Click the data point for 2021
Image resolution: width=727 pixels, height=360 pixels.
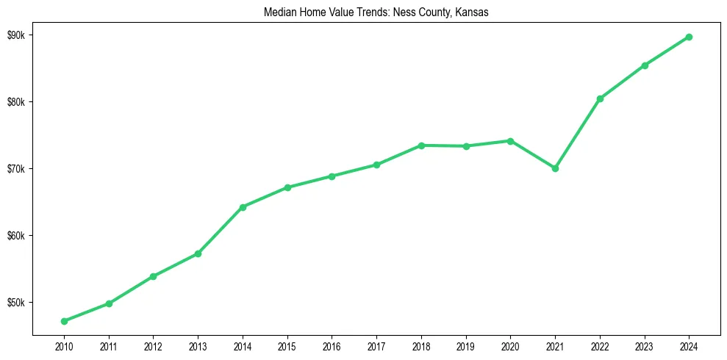pyautogui.click(x=555, y=168)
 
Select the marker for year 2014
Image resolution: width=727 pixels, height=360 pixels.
pyautogui.click(x=243, y=207)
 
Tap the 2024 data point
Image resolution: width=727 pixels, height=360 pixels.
pyautogui.click(x=689, y=37)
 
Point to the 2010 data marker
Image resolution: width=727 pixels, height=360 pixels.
pyautogui.click(x=64, y=321)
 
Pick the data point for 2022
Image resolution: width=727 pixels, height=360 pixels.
pyautogui.click(x=600, y=98)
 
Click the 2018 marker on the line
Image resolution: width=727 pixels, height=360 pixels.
pyautogui.click(x=421, y=145)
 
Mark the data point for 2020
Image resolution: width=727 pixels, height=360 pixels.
pyautogui.click(x=510, y=141)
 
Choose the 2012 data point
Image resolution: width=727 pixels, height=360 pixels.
pyautogui.click(x=153, y=276)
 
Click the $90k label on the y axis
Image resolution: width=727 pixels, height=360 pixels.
pyautogui.click(x=18, y=35)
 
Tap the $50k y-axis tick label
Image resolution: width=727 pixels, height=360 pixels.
pyautogui.click(x=18, y=303)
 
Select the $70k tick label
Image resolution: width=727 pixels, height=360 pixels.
pyautogui.click(x=18, y=169)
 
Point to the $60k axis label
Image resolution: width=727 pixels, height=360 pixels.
pyautogui.click(x=18, y=236)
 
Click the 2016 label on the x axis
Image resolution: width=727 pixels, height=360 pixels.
pyautogui.click(x=332, y=345)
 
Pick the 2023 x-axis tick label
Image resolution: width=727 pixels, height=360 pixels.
pyautogui.click(x=644, y=345)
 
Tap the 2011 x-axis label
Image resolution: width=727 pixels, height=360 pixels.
pyautogui.click(x=109, y=345)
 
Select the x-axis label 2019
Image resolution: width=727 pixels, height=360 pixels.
pyautogui.click(x=465, y=345)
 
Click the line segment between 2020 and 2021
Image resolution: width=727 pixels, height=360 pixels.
pyautogui.click(x=533, y=154)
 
